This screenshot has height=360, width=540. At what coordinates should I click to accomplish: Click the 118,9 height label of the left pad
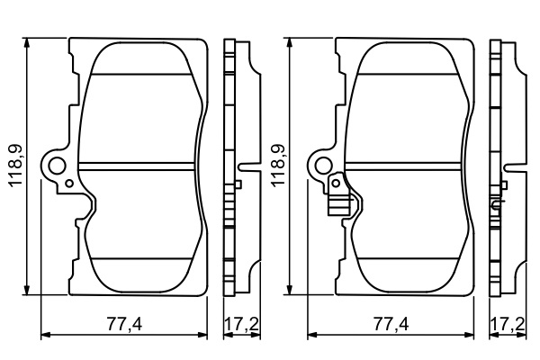[x=16, y=166]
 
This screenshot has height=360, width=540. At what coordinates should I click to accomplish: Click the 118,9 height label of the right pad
[x=278, y=166]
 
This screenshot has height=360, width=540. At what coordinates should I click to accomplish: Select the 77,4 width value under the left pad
[x=124, y=324]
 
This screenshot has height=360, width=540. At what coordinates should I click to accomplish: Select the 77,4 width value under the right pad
[x=391, y=324]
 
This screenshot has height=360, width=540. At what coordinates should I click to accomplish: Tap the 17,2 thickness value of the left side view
[x=242, y=324]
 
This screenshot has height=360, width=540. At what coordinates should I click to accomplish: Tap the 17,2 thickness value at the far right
[x=508, y=324]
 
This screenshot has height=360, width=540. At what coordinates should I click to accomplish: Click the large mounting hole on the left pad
[x=57, y=166]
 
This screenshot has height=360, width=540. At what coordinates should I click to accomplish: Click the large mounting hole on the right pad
[x=324, y=165]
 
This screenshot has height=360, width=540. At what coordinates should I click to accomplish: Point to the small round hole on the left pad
[x=69, y=184]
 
